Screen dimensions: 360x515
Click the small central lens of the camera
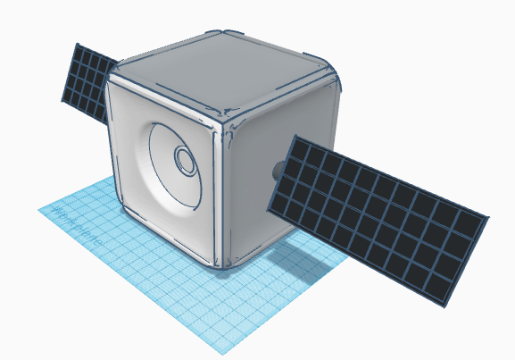tap(185, 161)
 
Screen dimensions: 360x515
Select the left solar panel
tap(88, 81)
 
